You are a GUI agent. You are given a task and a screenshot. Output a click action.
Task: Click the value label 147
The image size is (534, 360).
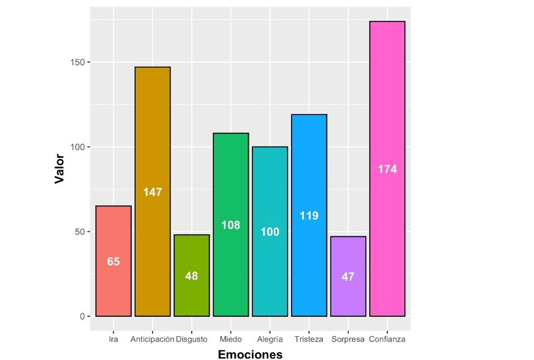152,192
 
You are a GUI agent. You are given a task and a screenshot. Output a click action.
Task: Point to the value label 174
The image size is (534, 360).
388,169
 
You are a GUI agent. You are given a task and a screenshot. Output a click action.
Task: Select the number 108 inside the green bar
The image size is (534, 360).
231,225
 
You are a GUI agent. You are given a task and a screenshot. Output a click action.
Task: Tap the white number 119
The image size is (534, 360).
309,215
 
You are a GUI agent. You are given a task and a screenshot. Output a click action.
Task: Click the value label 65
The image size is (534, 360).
113,261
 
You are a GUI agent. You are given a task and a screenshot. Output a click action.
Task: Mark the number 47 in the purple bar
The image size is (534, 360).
348,276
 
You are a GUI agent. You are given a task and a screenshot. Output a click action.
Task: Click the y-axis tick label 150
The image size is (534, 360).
77,62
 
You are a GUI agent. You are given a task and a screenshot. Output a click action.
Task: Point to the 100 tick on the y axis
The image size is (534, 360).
77,147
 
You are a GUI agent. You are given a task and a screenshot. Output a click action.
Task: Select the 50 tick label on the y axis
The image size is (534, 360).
79,231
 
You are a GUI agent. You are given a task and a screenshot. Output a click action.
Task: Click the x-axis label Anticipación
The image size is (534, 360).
152,339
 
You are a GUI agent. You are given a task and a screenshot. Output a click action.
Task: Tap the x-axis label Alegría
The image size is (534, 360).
270,339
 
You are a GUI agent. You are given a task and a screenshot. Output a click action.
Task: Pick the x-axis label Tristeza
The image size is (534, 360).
309,339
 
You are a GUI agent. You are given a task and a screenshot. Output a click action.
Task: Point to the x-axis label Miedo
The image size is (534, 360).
231,339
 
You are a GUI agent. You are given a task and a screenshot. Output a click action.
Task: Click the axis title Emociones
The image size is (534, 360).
250,354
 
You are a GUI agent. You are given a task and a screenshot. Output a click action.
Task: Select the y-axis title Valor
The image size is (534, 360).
59,169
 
